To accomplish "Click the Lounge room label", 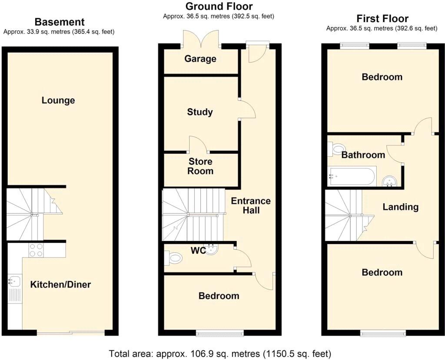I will (58, 100).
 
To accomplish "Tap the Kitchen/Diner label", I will (60, 284).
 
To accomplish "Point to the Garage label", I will (200, 59).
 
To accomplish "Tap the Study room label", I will (200, 112).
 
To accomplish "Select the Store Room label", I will (200, 166).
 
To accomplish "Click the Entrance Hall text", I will (251, 205).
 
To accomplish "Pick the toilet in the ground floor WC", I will (174, 258).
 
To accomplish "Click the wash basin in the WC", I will (212, 249).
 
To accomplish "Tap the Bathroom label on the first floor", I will (363, 155).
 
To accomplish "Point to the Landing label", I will (400, 207).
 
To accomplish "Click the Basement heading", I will (59, 22).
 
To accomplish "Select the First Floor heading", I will (382, 19).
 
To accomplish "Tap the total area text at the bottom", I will (220, 352).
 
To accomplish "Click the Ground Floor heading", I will (219, 7).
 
